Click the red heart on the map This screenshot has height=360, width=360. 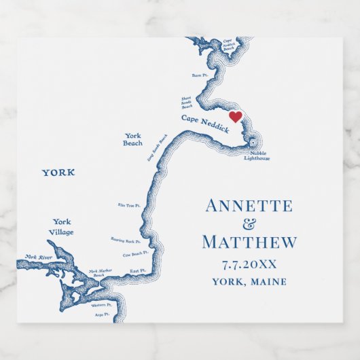(235, 117)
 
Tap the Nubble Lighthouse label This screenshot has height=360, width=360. (257, 156)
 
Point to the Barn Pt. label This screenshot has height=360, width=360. (198, 75)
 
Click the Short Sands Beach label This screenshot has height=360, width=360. (187, 103)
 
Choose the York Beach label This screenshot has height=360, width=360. (133, 139)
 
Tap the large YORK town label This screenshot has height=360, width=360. (58, 173)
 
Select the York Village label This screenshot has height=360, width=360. (62, 227)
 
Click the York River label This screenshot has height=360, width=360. (39, 257)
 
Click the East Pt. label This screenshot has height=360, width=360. (138, 270)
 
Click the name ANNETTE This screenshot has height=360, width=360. (249, 206)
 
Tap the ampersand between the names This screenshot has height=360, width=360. (249, 224)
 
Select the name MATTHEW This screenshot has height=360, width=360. (249, 242)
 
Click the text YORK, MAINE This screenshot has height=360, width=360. (249, 282)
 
